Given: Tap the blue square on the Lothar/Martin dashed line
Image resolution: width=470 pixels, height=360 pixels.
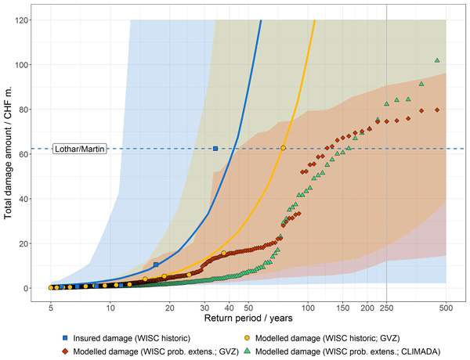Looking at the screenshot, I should (x=215, y=149).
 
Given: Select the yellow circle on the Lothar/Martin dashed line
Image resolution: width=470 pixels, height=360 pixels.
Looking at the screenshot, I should (x=284, y=148).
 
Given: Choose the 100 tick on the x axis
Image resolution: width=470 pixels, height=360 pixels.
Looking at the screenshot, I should (x=308, y=308).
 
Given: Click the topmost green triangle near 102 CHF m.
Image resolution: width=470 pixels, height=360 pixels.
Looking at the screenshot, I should (x=437, y=60).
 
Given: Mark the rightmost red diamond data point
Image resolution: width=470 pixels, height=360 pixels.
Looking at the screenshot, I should (x=437, y=110).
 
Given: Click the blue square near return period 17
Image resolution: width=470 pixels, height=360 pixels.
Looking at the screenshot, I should (x=156, y=265).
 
